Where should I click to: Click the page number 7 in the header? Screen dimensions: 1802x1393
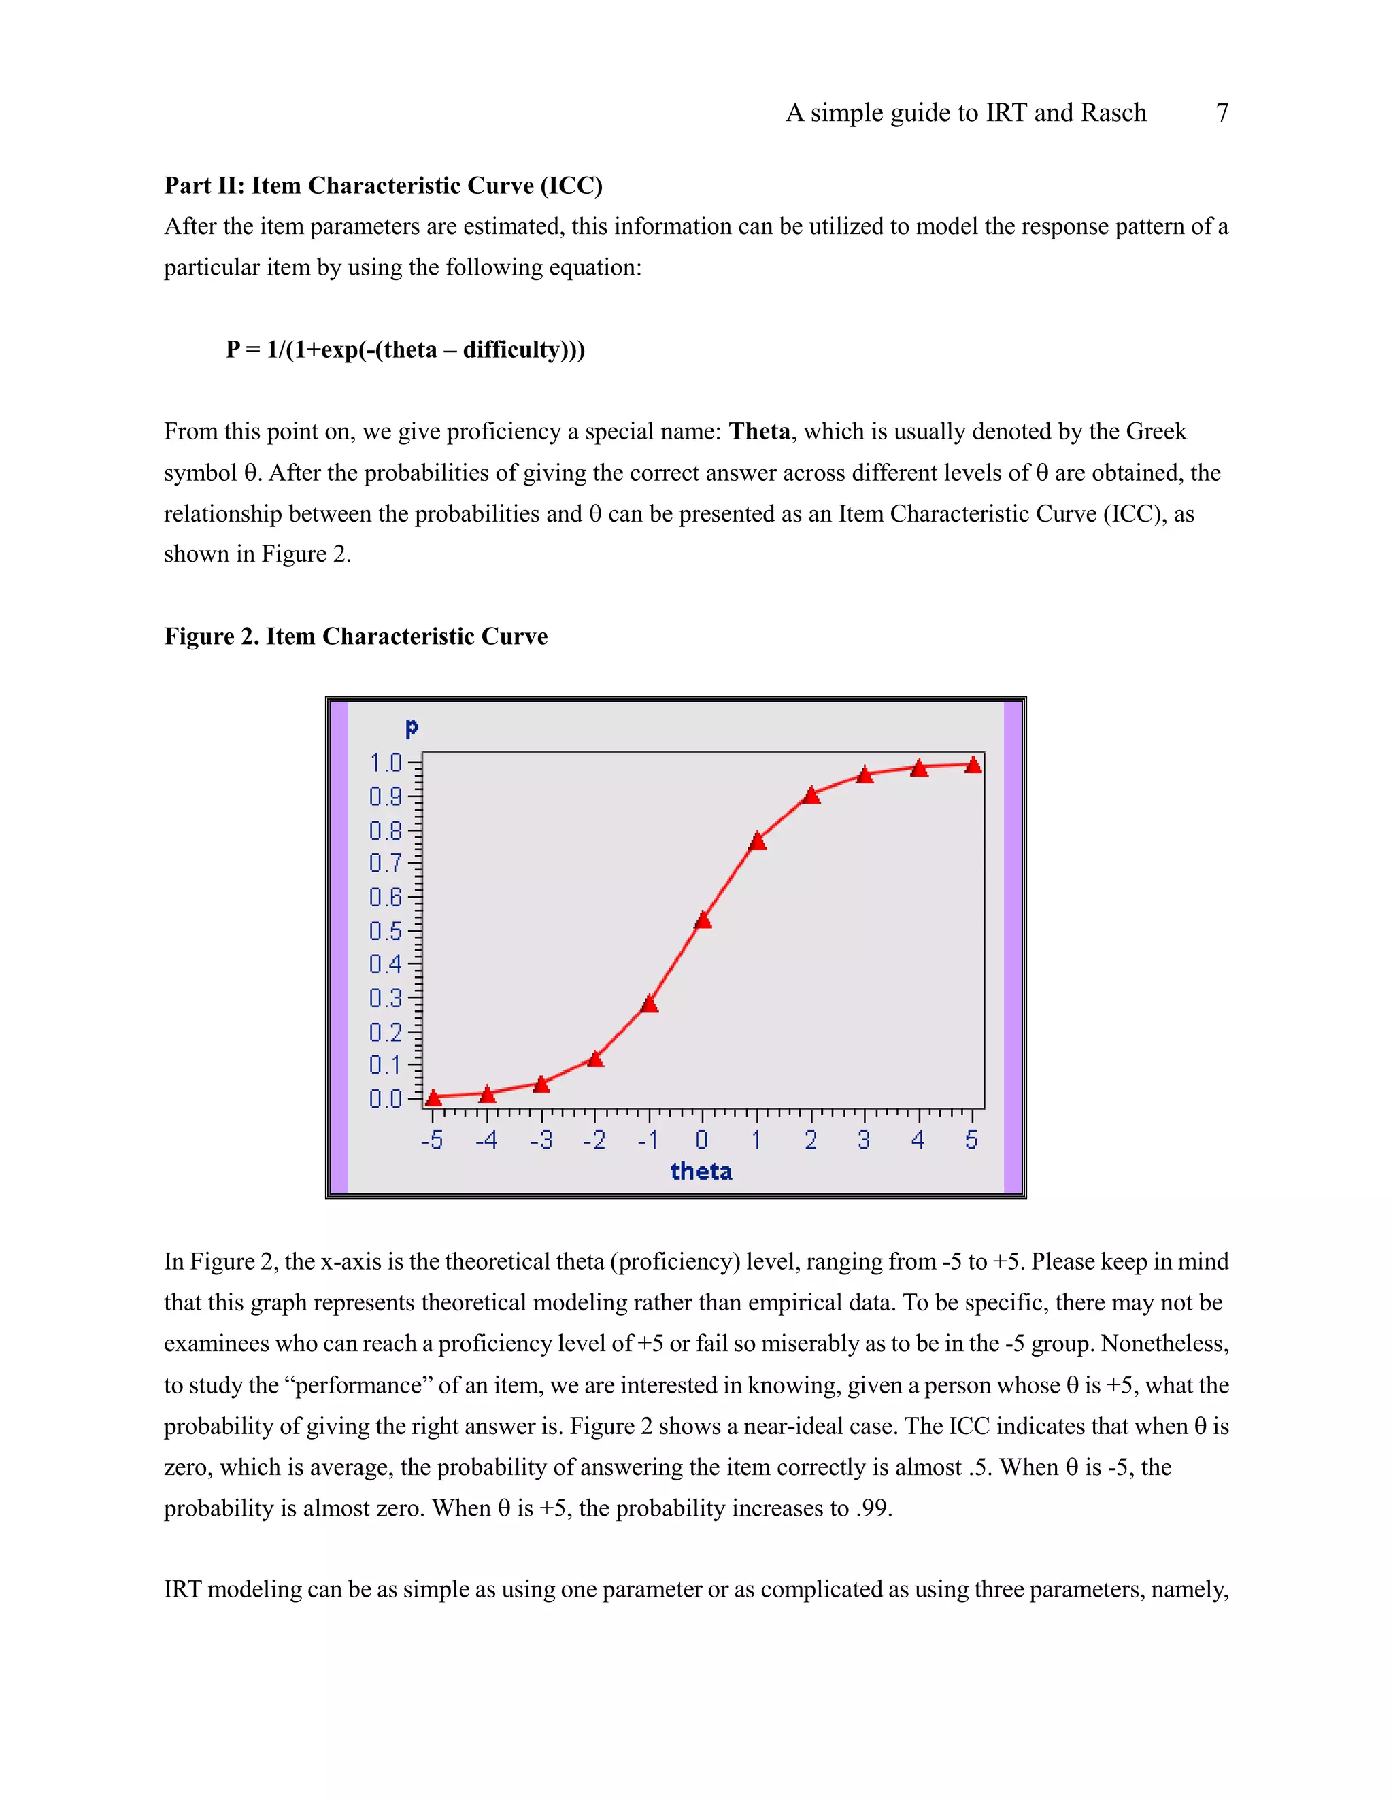click(1222, 112)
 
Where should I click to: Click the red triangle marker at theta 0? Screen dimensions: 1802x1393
click(703, 921)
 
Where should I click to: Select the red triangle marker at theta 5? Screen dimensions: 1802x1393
click(973, 766)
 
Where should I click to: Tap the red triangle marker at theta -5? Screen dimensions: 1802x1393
click(433, 1098)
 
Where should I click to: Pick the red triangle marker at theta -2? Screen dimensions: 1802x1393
click(595, 1059)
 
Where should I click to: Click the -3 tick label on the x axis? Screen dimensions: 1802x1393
click(541, 1140)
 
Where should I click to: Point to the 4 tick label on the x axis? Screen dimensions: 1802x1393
click(918, 1140)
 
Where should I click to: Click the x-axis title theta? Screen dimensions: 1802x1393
click(701, 1172)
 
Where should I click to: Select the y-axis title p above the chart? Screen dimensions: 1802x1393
click(412, 728)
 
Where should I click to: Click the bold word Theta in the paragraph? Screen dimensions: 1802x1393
click(759, 432)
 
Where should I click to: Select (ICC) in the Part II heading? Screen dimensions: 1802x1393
click(571, 186)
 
